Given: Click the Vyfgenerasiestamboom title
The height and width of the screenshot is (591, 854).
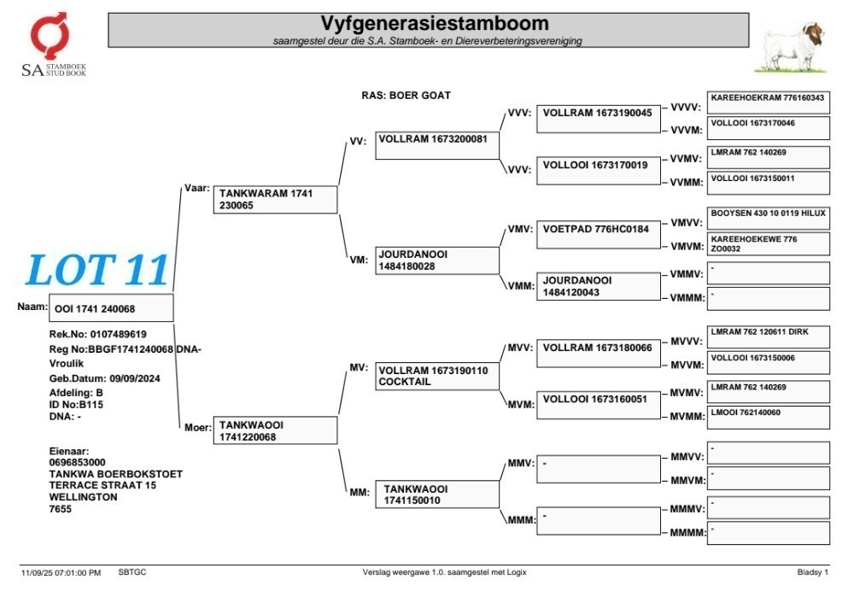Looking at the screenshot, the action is (x=434, y=23).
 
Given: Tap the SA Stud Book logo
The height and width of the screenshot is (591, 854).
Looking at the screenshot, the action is (x=53, y=44).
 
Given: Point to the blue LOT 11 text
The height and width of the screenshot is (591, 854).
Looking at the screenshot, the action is (x=97, y=270).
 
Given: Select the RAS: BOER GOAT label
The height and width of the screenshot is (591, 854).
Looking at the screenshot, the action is (x=407, y=96).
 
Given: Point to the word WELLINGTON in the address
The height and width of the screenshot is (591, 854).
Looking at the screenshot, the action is (x=84, y=497).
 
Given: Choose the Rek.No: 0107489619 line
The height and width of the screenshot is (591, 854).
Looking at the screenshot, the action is (x=98, y=334).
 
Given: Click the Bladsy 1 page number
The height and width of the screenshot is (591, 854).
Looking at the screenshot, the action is (x=813, y=572).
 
